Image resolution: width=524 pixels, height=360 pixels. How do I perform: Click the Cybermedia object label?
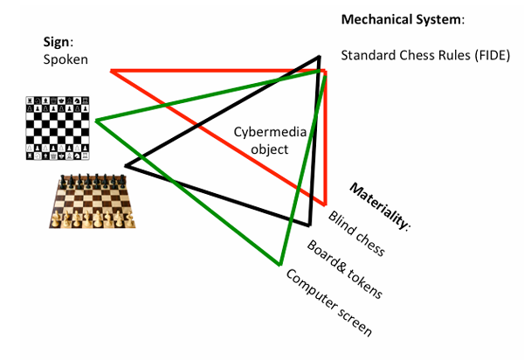coord(261,141)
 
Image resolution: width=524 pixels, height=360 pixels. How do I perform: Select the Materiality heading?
coord(380,206)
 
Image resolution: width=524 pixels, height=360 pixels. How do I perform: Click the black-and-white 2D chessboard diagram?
coord(56,128)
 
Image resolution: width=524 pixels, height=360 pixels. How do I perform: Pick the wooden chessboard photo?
coord(92,200)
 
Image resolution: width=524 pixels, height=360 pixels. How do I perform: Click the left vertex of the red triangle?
coord(112,70)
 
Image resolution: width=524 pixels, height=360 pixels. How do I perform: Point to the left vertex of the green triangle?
coord(96,120)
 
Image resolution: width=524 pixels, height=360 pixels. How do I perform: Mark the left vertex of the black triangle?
coord(126,164)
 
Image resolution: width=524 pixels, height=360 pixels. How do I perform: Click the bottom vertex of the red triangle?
coord(325,204)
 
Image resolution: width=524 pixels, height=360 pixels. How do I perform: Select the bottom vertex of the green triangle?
coord(279,263)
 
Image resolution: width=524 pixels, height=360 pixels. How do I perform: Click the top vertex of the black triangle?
coord(319,59)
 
